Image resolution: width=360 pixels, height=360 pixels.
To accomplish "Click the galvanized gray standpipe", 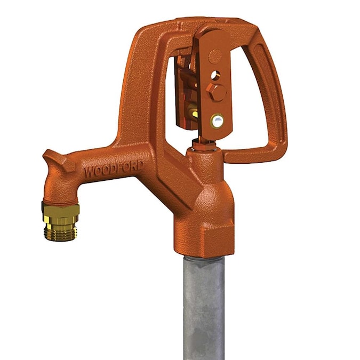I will (x=204, y=304).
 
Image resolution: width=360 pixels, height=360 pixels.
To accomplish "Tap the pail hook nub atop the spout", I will (x=53, y=158).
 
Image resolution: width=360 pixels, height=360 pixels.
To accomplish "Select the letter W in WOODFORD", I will (x=88, y=173).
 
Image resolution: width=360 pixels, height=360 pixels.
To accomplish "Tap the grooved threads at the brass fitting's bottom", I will (x=60, y=232).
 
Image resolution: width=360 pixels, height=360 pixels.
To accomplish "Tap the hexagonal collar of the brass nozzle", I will (x=61, y=212).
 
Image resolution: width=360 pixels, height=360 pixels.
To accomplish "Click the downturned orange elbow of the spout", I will (x=58, y=187).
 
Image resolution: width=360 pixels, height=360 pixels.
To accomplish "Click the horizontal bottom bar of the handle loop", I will (x=251, y=155).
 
